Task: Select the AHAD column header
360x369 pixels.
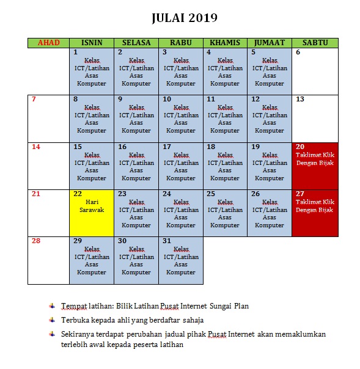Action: (x=49, y=43)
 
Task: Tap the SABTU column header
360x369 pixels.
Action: (x=315, y=43)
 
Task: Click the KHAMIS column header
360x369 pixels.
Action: (x=225, y=43)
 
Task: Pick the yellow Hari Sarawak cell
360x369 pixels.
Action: (x=92, y=213)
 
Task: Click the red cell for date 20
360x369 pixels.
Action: (x=315, y=166)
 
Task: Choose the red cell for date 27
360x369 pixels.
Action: (x=315, y=213)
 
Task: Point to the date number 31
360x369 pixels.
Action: (x=167, y=241)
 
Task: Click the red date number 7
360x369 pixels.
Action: (x=34, y=99)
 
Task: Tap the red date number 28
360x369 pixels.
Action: (x=35, y=241)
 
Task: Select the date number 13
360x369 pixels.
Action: (x=299, y=99)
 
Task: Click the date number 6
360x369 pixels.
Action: (x=298, y=52)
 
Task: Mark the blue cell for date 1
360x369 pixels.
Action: (x=92, y=71)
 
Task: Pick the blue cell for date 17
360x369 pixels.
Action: (x=181, y=166)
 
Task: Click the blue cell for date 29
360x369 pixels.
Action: (x=92, y=260)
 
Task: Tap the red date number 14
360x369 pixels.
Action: (x=35, y=147)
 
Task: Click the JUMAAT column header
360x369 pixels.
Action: (x=270, y=43)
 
